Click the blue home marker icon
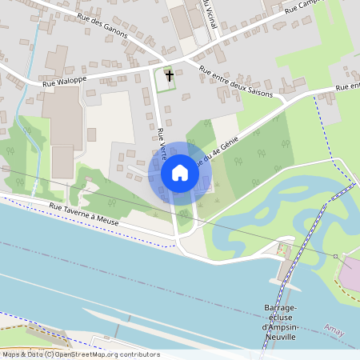(180, 173)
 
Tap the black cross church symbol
(169, 76)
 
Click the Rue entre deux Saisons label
(236, 82)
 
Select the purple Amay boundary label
(334, 328)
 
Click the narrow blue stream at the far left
(31, 96)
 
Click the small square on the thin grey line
(336, 256)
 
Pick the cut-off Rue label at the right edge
(347, 86)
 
